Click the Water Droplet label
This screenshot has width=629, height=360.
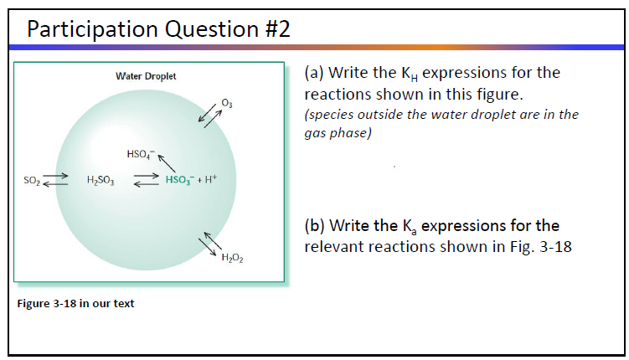click(x=146, y=76)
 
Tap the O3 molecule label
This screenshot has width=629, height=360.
click(x=227, y=103)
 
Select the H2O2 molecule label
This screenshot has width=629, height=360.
click(x=231, y=257)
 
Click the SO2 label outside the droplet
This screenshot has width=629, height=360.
click(x=30, y=179)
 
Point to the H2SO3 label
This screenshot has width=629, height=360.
click(x=101, y=179)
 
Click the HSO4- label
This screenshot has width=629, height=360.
click(x=139, y=154)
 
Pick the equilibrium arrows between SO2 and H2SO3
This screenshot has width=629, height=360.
click(x=56, y=179)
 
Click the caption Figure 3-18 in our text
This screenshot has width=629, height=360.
click(x=75, y=303)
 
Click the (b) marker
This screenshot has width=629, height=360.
click(x=315, y=226)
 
